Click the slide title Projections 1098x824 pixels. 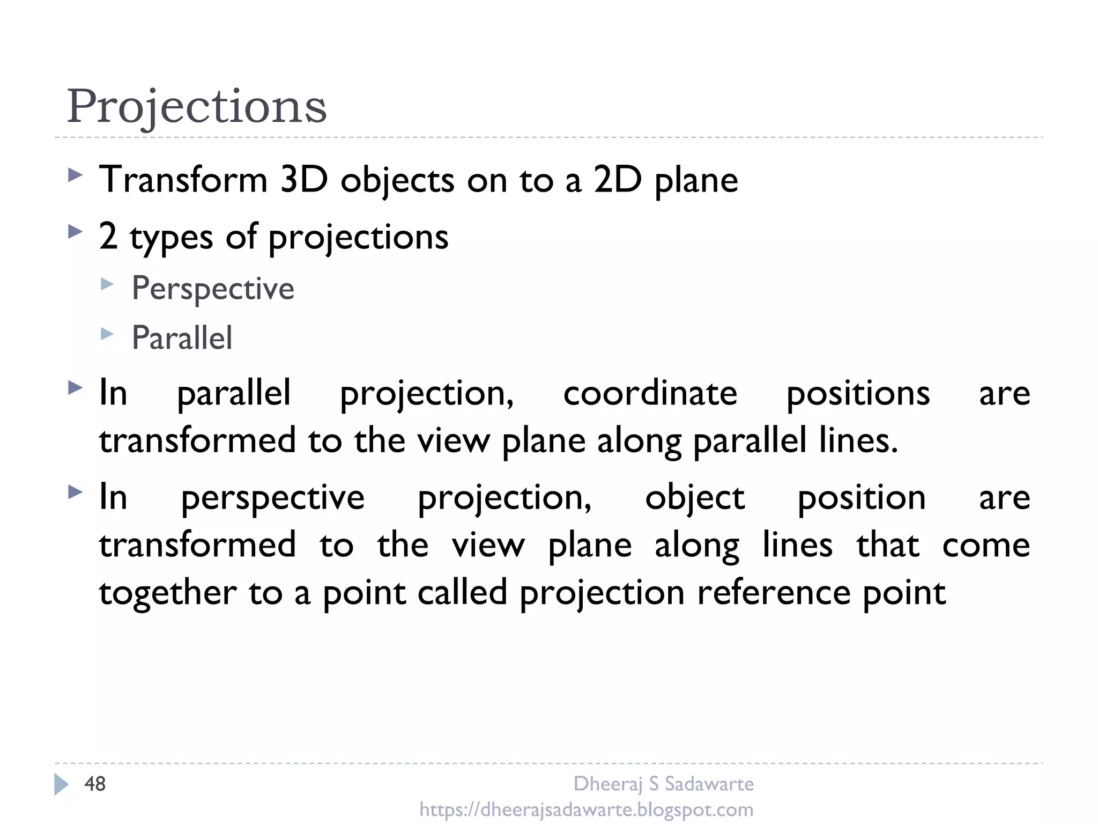[196, 106]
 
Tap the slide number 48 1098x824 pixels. [95, 784]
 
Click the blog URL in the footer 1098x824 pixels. [586, 809]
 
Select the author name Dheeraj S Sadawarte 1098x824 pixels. [663, 784]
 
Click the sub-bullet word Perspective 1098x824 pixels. [213, 289]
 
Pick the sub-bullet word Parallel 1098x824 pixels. [182, 338]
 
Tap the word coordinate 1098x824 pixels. [650, 393]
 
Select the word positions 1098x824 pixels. [858, 394]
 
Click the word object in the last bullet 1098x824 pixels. [695, 498]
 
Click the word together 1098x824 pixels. [168, 593]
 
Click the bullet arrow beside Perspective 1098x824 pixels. [107, 284]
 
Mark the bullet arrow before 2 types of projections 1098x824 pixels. [76, 232]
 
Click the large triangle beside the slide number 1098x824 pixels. [61, 784]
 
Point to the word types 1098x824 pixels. [171, 237]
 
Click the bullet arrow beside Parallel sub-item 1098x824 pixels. [107, 334]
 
